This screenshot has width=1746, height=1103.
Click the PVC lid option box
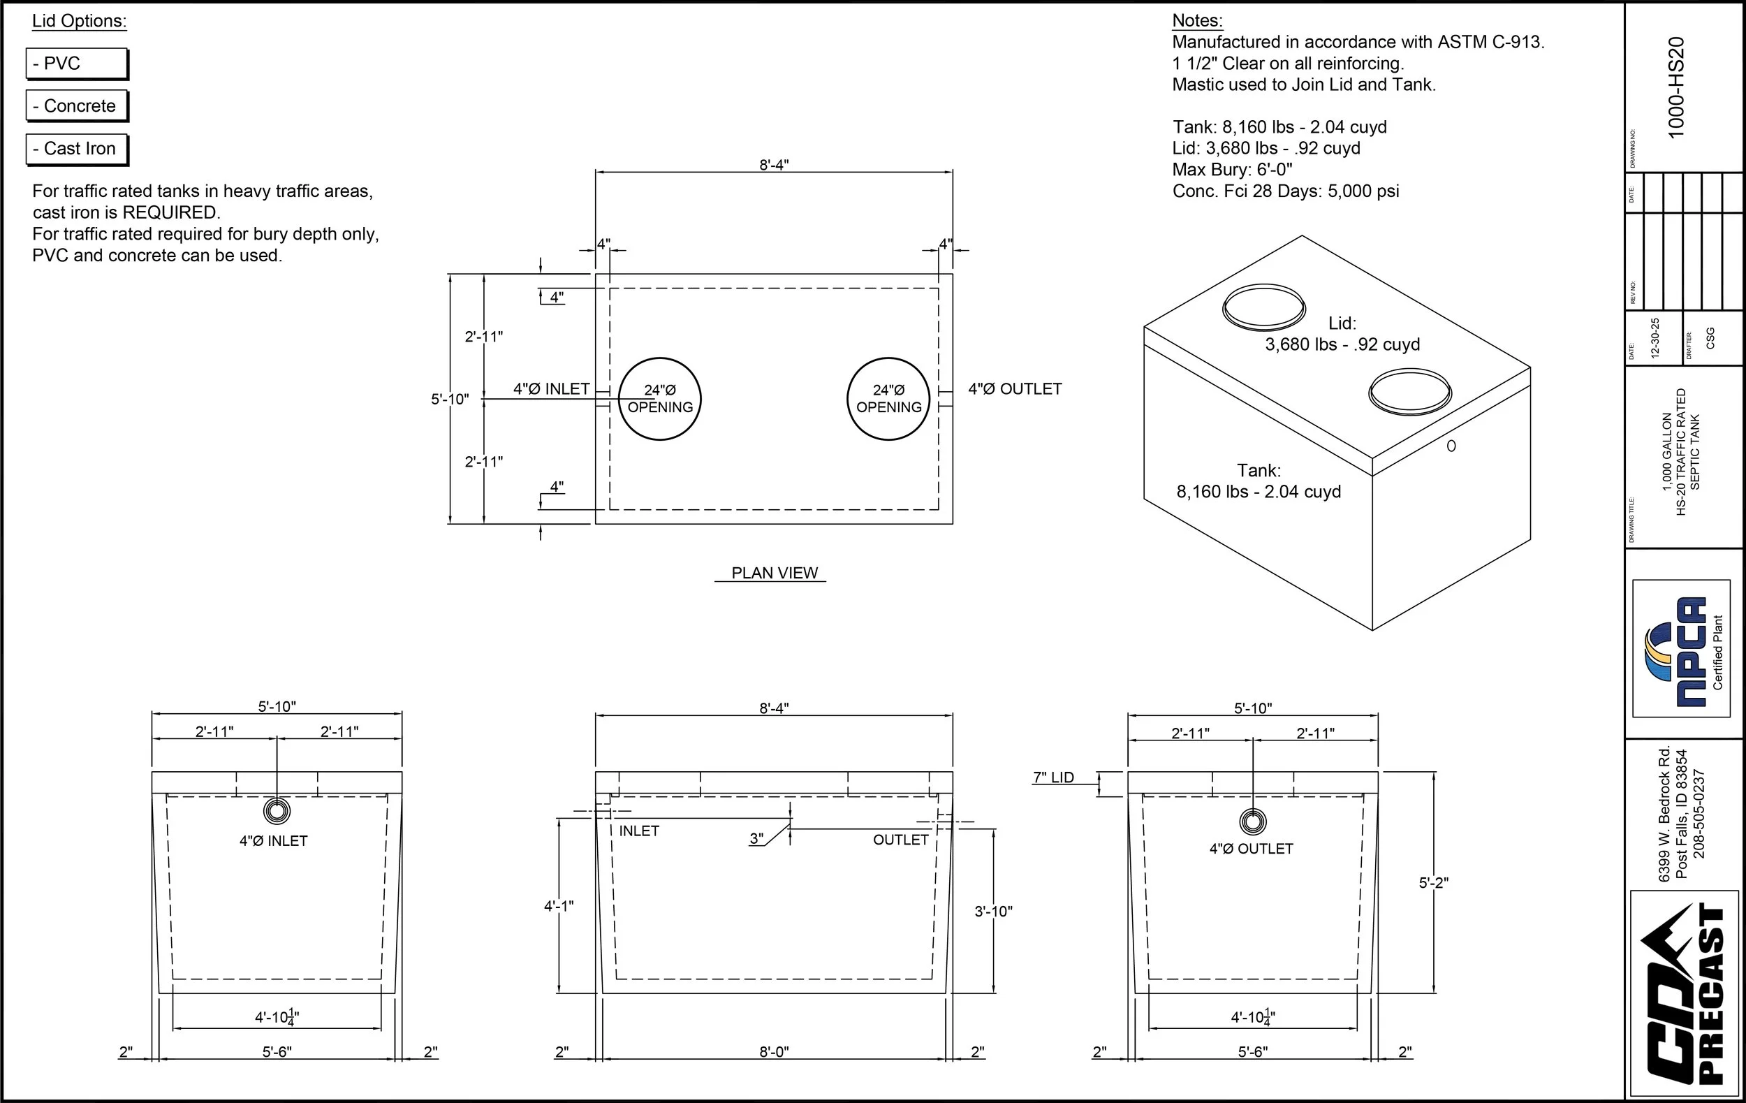[x=76, y=64]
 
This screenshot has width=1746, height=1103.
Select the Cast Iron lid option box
[x=76, y=149]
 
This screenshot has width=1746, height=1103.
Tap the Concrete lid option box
[x=76, y=106]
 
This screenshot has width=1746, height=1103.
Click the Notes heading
[x=1197, y=20]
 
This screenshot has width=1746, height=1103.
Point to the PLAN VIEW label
[x=774, y=573]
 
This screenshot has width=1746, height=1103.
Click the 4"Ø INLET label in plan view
[x=551, y=388]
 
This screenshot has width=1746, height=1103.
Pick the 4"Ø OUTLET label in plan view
[x=1014, y=388]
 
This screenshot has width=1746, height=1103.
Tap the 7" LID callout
[x=1052, y=777]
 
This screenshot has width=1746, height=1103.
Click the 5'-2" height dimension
[x=1432, y=882]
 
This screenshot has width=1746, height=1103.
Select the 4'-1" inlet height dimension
[x=558, y=906]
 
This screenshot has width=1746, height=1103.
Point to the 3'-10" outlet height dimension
[x=992, y=912]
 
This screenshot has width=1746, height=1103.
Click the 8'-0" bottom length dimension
[x=774, y=1051]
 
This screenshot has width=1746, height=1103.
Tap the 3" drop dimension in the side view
[x=756, y=839]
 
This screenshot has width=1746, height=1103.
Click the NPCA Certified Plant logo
[x=1681, y=648]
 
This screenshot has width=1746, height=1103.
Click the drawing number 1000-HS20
[x=1675, y=87]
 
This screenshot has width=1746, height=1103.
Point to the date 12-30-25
[x=1655, y=338]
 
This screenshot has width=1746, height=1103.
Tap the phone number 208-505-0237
[x=1699, y=814]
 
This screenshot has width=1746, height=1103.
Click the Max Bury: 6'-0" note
[x=1232, y=170]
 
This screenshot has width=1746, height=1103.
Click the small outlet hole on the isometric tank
[x=1451, y=446]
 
